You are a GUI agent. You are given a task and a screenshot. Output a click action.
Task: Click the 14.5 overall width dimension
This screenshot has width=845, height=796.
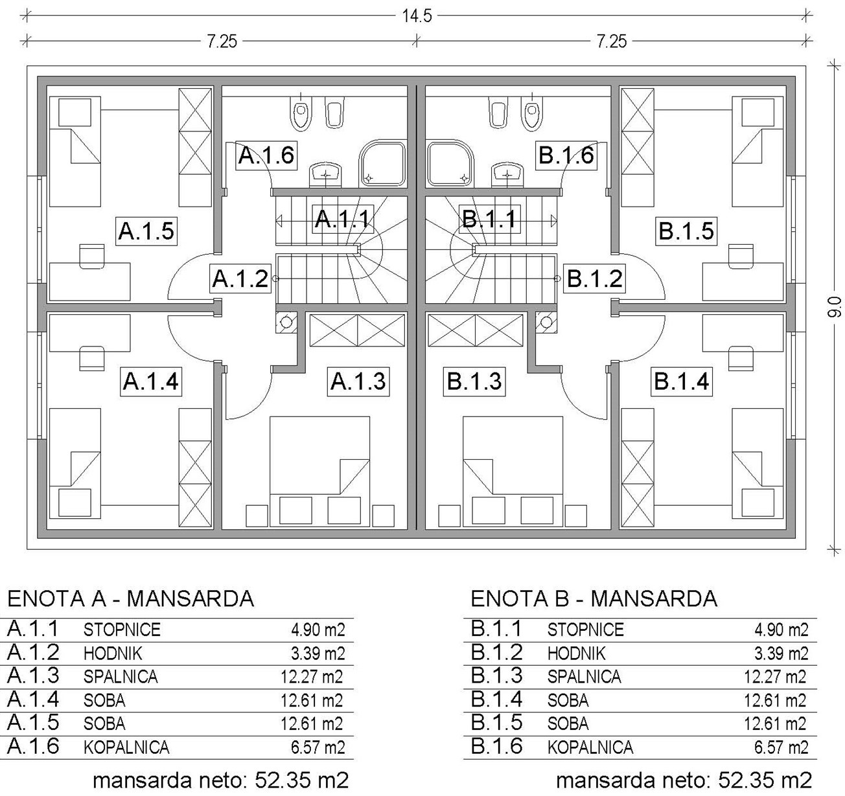pos(417,16)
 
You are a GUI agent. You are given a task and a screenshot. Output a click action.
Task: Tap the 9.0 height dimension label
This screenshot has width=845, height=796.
pos(834,307)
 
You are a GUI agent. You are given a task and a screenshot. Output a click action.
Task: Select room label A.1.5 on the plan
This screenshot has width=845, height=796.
pos(146,231)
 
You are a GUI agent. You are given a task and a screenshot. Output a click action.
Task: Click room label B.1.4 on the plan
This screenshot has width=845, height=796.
pos(681,381)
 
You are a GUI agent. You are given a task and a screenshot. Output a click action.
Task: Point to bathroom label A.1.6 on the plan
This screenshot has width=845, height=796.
pos(266,155)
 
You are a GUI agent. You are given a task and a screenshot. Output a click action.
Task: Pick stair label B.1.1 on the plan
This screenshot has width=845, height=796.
pos(489,219)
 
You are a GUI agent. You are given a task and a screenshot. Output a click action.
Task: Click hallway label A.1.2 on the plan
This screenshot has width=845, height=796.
pos(240,279)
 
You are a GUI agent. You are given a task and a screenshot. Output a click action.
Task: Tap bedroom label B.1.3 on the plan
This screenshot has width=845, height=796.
pos(474,381)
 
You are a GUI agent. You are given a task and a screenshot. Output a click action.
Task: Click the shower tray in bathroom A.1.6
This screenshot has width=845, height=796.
pos(382,164)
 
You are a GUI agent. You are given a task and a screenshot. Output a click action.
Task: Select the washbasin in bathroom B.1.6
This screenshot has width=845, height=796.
pos(507,174)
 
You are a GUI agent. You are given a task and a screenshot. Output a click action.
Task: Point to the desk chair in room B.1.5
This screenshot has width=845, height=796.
pos(741,256)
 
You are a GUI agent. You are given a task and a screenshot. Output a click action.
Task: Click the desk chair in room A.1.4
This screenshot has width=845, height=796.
pos(92,358)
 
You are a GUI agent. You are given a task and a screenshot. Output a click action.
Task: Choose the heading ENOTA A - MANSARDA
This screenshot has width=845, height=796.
pos(131,599)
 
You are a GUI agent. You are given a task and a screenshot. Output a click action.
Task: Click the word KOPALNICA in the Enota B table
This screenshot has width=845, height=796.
pos(590,747)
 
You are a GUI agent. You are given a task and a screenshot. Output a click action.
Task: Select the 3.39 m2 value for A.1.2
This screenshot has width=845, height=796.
pos(318,654)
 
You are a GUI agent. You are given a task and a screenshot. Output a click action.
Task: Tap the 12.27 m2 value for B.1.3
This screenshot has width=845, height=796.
pos(775,677)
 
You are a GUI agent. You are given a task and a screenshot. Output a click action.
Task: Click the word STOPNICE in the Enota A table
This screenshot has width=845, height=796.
pos(122,630)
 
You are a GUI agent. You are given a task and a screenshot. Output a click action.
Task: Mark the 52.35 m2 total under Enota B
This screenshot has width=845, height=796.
pos(765,780)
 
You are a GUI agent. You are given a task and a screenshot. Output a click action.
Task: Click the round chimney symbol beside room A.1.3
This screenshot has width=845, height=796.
pos(286,322)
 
